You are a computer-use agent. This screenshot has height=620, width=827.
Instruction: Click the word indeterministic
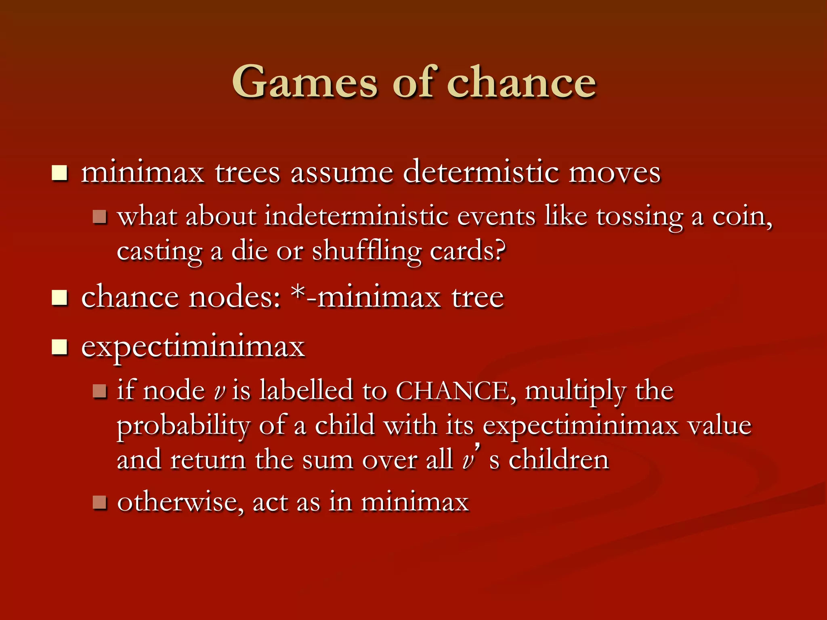tap(356, 216)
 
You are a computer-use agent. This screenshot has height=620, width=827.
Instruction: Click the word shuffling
tap(367, 251)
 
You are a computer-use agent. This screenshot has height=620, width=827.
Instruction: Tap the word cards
tap(467, 251)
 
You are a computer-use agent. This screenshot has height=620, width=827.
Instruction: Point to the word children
tap(558, 460)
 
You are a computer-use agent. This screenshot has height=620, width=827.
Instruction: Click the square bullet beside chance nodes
tap(59, 298)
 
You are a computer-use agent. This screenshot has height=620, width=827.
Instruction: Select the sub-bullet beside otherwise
tap(99, 503)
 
